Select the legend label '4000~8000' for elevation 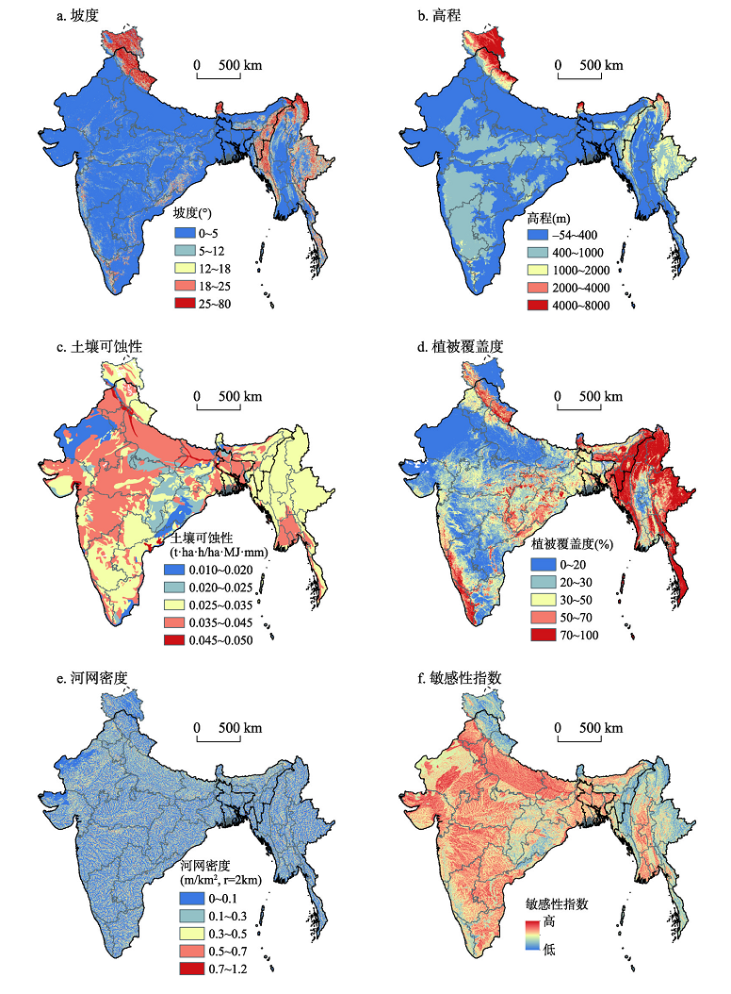point(581,305)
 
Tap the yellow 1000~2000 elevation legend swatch point(539,269)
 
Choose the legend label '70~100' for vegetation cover point(577,635)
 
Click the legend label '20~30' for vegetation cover point(574,581)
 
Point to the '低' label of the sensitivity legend point(551,950)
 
